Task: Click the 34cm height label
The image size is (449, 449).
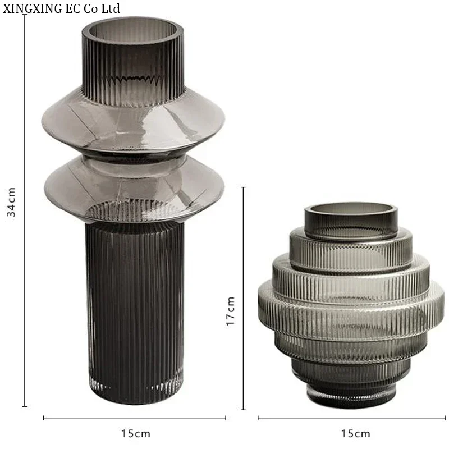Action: (x=11, y=201)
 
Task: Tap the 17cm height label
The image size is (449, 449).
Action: (x=230, y=311)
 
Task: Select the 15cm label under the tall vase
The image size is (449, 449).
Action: (x=136, y=433)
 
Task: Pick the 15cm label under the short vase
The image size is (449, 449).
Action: (x=355, y=433)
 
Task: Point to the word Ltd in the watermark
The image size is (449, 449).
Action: (x=110, y=8)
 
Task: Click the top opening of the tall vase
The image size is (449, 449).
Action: (x=132, y=30)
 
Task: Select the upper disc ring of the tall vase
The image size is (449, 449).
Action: (x=133, y=120)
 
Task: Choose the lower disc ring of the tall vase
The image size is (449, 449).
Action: (x=134, y=189)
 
